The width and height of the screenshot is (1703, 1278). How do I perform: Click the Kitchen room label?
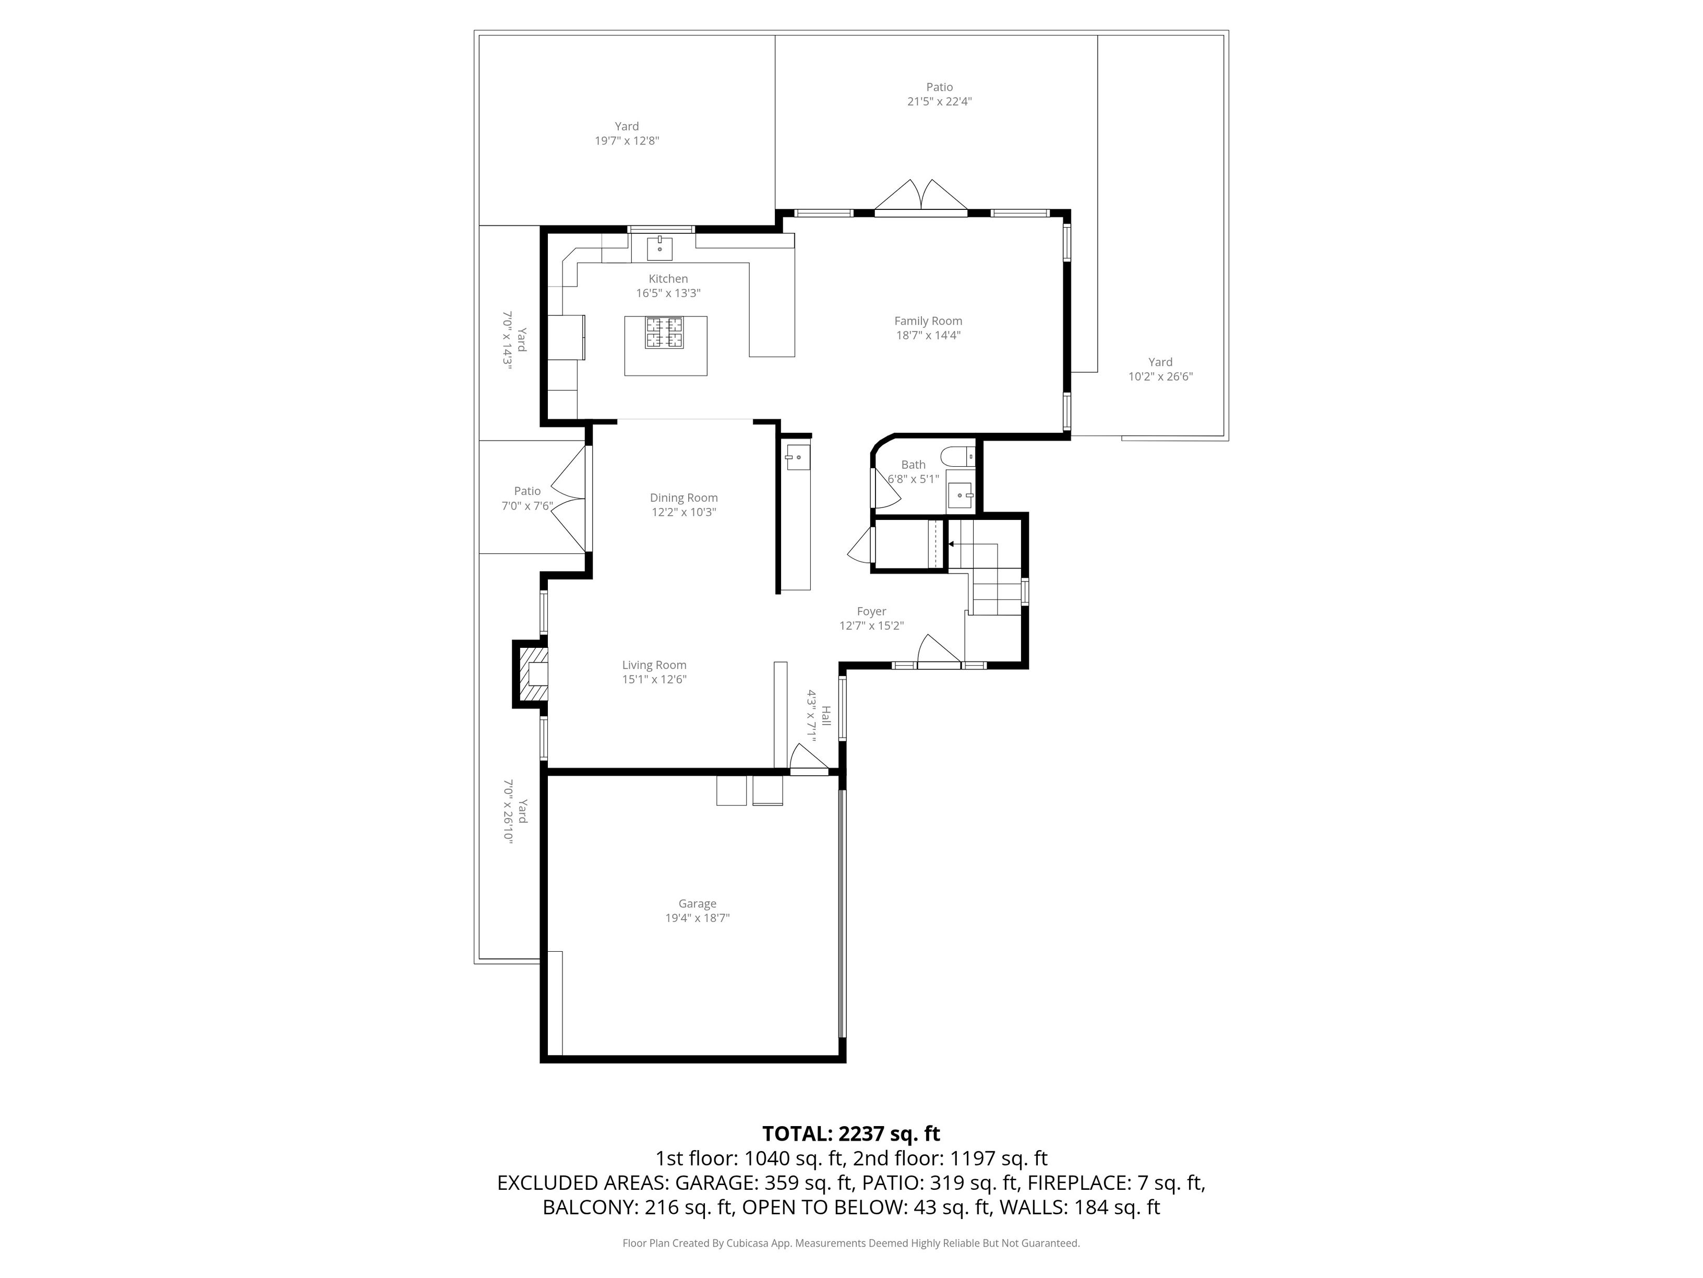point(667,279)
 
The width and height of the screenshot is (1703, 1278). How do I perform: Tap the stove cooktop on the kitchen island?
point(664,333)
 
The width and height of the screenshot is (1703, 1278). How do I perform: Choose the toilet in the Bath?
point(958,456)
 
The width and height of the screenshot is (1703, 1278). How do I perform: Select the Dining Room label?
point(683,498)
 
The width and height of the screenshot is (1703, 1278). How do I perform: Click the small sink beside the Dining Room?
point(796,457)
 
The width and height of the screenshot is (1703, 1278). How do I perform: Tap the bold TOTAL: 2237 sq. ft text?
point(851,1134)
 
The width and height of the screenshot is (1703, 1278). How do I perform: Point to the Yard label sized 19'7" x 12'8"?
point(627,133)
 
